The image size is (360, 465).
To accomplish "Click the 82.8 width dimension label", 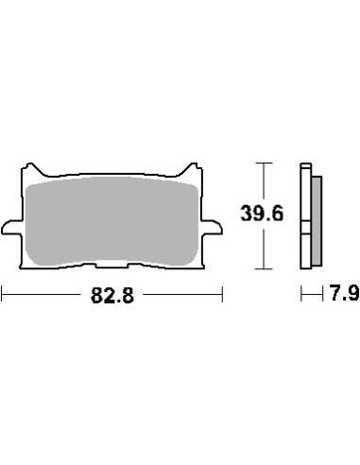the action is tap(112, 296).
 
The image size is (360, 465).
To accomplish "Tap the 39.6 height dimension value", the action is tap(262, 214).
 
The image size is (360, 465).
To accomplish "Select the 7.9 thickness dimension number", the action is tap(345, 293).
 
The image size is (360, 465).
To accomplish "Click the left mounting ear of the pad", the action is tap(12, 228).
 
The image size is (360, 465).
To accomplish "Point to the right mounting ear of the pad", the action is tap(212, 228).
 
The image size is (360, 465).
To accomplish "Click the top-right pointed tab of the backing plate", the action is tap(192, 168).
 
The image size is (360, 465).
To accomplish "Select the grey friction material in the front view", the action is tap(111, 220).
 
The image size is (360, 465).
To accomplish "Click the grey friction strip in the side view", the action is tap(317, 220).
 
